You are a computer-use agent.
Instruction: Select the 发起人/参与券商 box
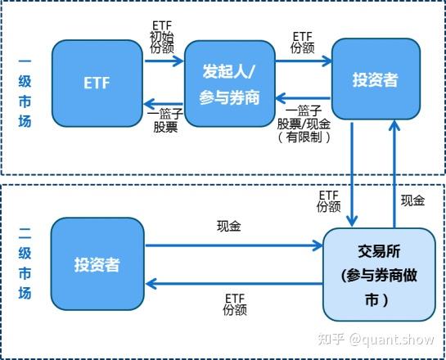229,84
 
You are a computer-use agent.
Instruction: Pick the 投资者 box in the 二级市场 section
97,264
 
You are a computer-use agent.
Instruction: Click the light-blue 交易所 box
377,273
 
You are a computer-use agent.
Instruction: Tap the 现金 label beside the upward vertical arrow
412,200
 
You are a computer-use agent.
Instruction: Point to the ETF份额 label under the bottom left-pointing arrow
234,303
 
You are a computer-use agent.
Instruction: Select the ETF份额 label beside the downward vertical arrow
329,200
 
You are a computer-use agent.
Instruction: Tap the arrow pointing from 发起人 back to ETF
163,102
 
